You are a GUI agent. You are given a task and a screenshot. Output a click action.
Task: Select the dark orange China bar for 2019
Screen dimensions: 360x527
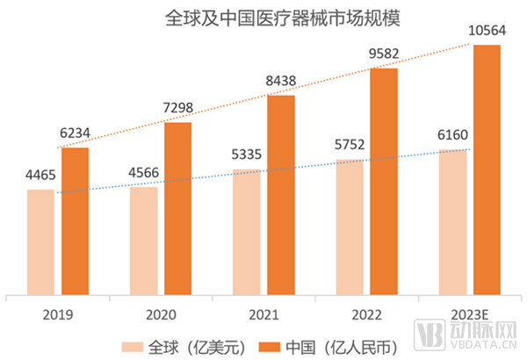coord(75,221)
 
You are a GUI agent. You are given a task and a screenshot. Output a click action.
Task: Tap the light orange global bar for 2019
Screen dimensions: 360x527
coord(40,242)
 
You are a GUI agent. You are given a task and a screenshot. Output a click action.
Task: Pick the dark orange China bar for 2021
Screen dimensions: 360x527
coord(281,195)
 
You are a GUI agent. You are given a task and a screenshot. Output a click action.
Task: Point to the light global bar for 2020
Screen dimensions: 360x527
coord(144,241)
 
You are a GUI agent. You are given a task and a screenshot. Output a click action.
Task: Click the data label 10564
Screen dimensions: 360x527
coord(487,31)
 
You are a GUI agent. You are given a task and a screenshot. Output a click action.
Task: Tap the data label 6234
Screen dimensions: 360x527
coord(75,133)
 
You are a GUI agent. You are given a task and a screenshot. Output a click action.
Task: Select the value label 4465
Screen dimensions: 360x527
coord(40,175)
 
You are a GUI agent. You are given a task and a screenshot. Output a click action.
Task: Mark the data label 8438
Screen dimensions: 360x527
coord(281,81)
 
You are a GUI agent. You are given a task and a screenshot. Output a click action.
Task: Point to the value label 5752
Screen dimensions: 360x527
coord(350,145)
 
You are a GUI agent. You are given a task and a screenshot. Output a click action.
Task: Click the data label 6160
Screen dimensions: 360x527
coord(453,135)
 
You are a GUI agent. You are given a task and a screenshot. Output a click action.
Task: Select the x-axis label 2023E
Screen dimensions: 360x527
coord(470,313)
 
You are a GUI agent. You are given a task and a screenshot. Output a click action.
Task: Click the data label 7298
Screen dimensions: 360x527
coord(177,108)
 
